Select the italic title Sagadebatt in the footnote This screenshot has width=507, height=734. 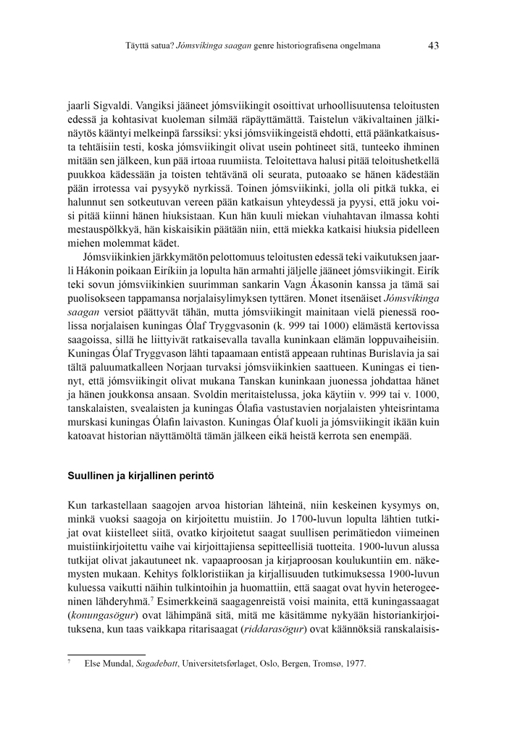[x=162, y=663]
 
